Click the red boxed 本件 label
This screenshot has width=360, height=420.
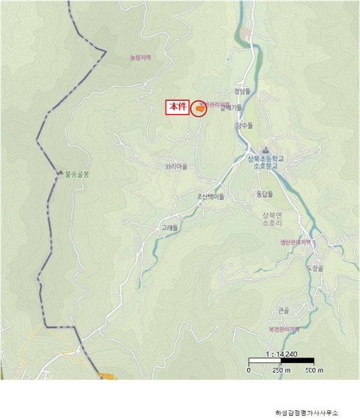178,107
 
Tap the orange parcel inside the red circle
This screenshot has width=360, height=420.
197,109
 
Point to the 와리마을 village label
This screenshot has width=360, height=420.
176,167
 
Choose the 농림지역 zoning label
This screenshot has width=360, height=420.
140,58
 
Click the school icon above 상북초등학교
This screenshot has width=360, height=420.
265,149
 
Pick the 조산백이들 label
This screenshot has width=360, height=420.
210,196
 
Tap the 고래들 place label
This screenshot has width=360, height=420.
170,228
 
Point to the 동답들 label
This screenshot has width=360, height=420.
265,194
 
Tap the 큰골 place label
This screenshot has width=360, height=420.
283,310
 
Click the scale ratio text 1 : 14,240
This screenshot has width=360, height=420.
280,353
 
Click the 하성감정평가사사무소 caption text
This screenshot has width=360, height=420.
306,412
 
